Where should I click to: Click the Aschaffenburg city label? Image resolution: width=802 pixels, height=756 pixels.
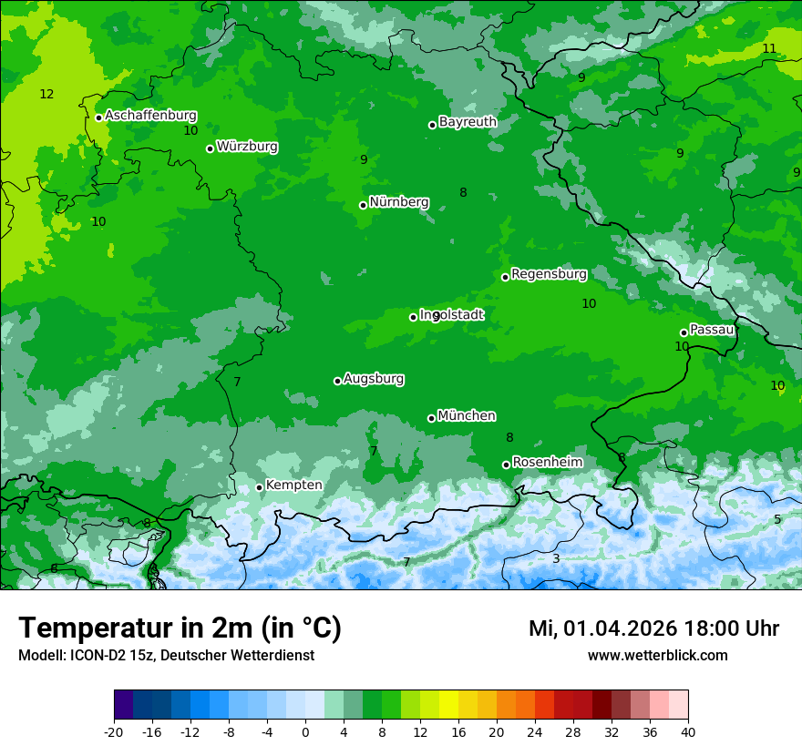(150, 116)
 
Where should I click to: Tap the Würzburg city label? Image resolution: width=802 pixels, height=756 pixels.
(247, 147)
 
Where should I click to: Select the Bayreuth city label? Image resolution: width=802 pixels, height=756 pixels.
(468, 122)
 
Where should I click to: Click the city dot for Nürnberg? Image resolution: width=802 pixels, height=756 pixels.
(364, 205)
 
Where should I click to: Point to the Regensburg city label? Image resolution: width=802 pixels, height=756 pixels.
(549, 274)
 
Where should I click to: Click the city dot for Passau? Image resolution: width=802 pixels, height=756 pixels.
(684, 332)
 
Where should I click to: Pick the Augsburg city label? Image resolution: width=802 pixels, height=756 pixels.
(374, 379)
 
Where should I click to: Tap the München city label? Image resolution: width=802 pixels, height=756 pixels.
(467, 416)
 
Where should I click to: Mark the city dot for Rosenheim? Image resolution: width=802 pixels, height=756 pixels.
(506, 465)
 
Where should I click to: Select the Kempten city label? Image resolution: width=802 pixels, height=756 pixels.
(293, 485)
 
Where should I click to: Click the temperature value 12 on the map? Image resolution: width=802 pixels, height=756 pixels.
(46, 94)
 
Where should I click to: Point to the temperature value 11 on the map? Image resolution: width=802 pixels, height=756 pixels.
(769, 48)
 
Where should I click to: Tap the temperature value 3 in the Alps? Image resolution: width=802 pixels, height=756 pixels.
(556, 558)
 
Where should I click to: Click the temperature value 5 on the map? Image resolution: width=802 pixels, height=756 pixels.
(777, 519)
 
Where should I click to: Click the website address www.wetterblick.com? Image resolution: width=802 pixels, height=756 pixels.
(657, 656)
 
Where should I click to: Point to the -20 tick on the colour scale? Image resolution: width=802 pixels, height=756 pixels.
(114, 731)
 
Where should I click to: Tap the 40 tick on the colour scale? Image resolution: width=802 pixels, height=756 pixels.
(688, 731)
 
